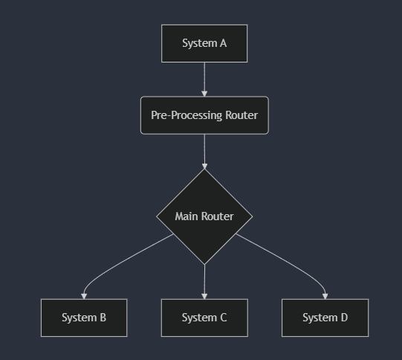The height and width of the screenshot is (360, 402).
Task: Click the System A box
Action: tap(204, 43)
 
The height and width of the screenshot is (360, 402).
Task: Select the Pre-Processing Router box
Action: tap(204, 115)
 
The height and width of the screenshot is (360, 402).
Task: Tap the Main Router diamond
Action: tap(204, 216)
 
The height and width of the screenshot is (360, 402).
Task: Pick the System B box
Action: tap(84, 318)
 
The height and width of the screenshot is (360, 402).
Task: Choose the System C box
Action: tap(204, 318)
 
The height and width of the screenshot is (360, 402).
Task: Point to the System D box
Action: tap(325, 318)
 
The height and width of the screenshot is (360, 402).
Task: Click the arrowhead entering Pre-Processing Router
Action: tap(204, 94)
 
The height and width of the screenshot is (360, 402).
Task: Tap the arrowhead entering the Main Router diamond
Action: tap(204, 166)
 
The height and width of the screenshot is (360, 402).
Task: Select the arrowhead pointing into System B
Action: tap(84, 296)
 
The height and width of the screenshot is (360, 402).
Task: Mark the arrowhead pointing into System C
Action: tap(204, 296)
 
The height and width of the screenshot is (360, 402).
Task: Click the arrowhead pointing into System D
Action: tap(325, 296)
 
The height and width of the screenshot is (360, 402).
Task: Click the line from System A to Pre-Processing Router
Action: tap(204, 77)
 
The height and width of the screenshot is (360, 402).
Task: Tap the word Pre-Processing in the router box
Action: tap(187, 115)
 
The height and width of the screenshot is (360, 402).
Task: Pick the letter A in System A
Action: tap(223, 43)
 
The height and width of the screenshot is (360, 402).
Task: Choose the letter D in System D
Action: tap(344, 318)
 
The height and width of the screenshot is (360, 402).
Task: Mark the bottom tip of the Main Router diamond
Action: tap(204, 264)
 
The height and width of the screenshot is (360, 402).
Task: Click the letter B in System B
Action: tap(103, 318)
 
